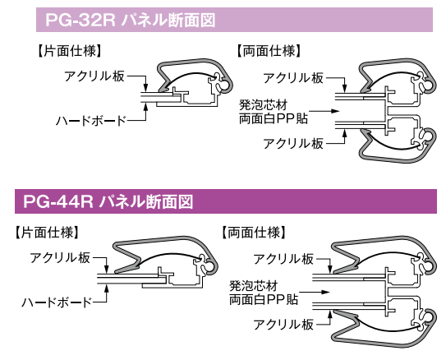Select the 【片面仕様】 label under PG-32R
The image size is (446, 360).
(70, 51)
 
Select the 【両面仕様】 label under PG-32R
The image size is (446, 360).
(269, 51)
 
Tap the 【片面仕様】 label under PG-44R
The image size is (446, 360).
(46, 233)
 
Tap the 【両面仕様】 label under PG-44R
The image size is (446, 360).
(254, 233)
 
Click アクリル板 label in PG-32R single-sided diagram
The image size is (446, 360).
(94, 76)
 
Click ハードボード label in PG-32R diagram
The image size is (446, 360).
(90, 121)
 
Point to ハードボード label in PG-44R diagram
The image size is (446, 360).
(57, 302)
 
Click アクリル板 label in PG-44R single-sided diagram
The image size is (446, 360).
(60, 258)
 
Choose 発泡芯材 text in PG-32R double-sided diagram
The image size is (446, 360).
(263, 105)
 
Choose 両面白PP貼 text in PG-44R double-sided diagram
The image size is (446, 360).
(264, 299)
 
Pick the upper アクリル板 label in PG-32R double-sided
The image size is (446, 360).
(293, 78)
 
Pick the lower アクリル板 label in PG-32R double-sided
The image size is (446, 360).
(293, 143)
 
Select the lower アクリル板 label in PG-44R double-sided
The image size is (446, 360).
(283, 324)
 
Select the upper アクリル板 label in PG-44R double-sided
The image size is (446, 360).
(283, 259)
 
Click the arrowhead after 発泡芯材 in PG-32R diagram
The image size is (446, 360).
(336, 111)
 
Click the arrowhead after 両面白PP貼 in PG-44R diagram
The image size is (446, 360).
(325, 292)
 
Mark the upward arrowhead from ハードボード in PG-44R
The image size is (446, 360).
(107, 288)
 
